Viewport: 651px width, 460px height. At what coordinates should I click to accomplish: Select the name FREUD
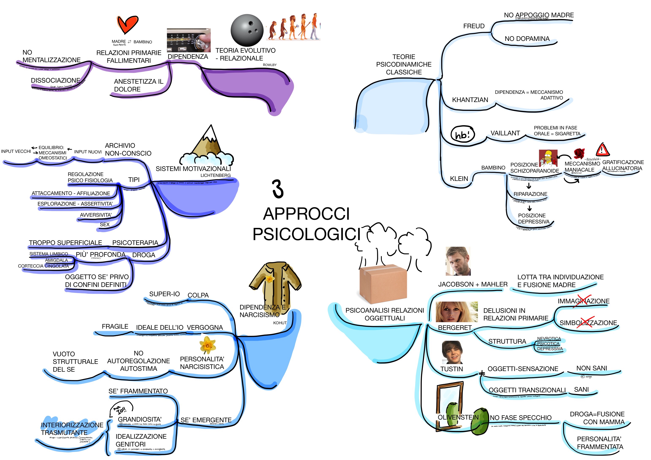pos(474,26)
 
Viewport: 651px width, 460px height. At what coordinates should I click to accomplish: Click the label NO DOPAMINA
pos(527,39)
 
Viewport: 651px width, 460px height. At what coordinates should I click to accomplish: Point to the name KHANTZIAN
pos(470,100)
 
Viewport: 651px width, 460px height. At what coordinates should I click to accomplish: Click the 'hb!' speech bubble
pos(462,135)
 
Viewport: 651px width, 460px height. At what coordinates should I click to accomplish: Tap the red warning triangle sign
pos(602,150)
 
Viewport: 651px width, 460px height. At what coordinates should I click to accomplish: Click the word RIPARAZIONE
pos(530,194)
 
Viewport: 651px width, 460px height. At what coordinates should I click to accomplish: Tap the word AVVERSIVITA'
pos(96,215)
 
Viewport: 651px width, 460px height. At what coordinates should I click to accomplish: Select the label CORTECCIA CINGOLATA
pos(43,266)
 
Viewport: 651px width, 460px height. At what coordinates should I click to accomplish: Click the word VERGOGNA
pos(205,328)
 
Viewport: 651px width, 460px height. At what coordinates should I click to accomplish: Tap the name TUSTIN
pos(451,369)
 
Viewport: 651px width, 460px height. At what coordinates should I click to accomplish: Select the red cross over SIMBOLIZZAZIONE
pos(586,322)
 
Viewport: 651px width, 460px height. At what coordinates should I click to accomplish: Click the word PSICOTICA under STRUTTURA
pos(548,343)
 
